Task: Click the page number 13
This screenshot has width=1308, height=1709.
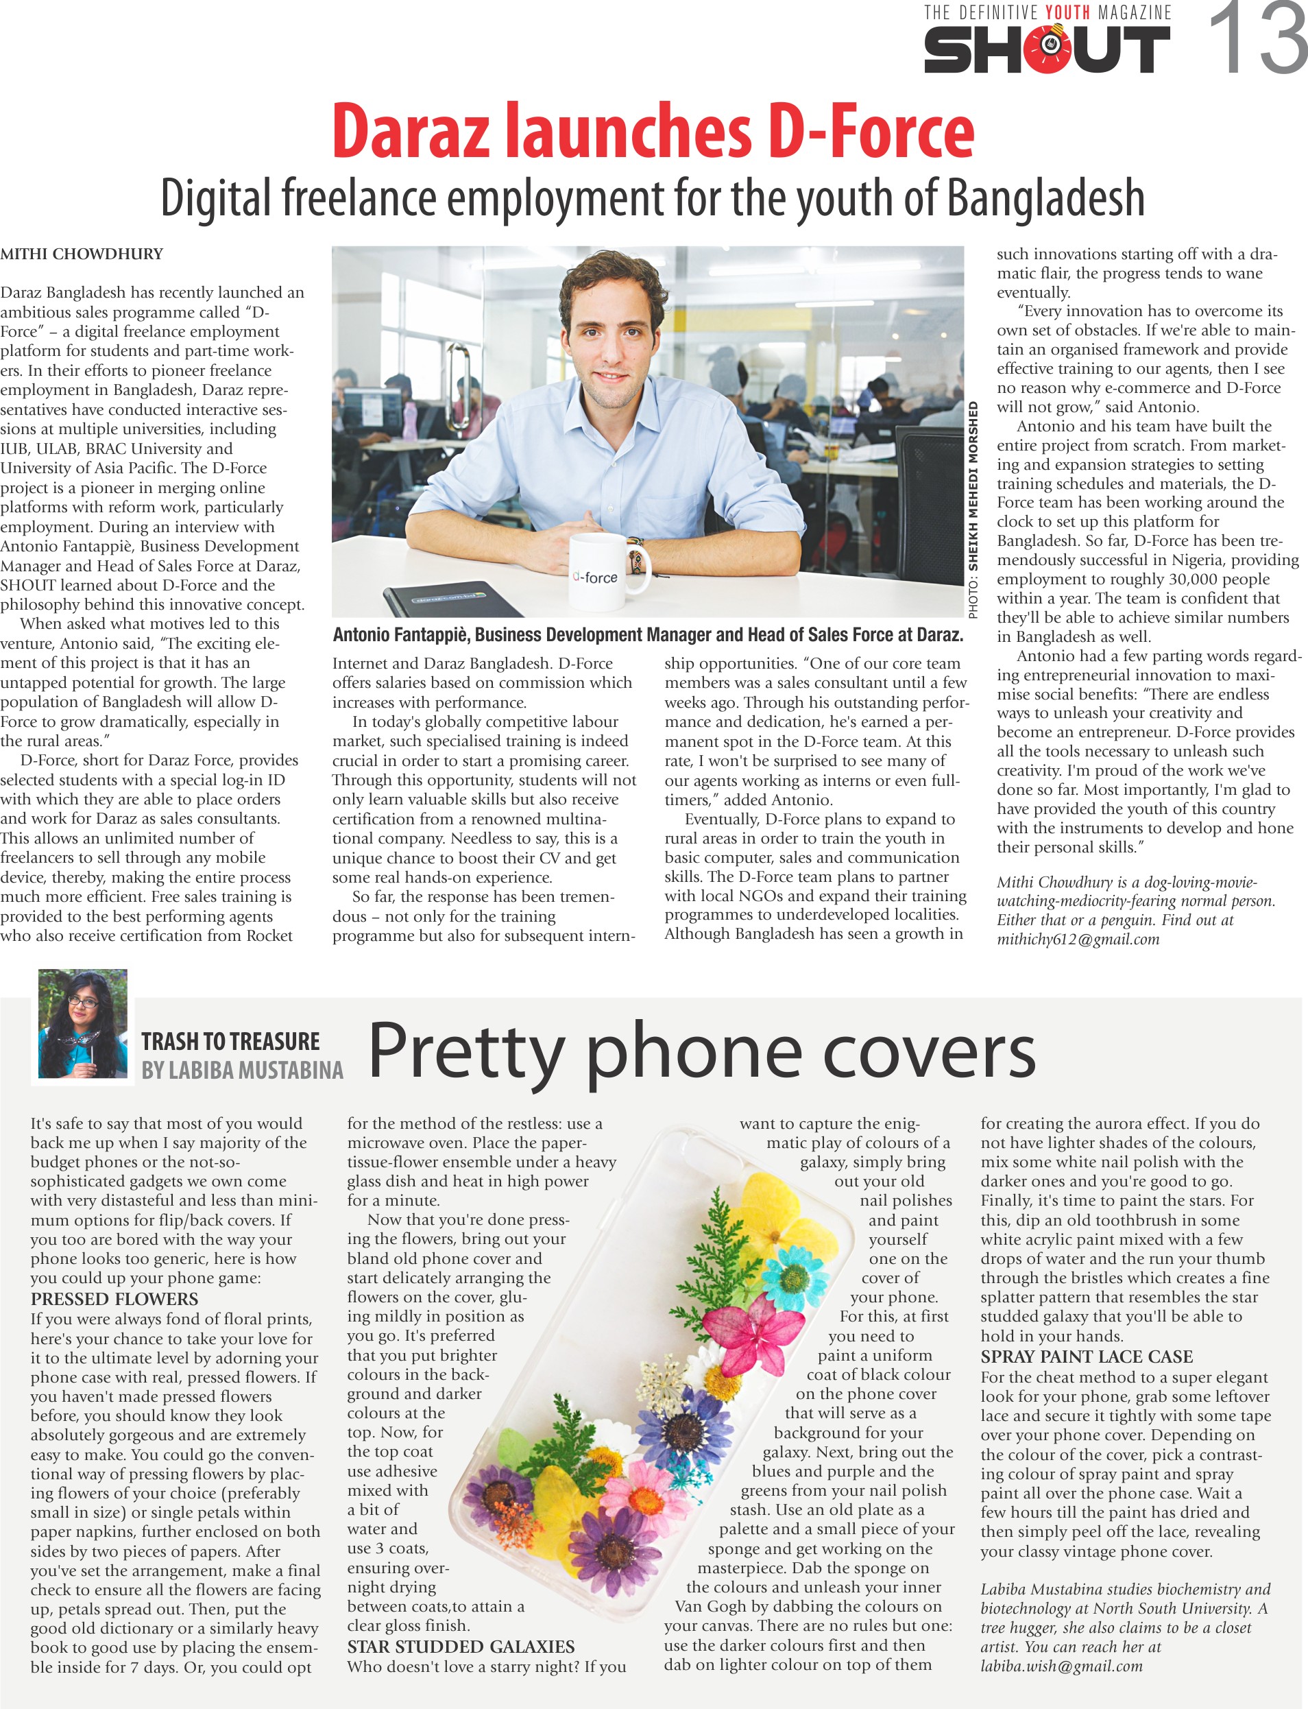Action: point(1256,39)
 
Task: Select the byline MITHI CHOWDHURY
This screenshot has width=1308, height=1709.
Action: point(82,254)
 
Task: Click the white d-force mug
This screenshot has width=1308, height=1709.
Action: point(601,573)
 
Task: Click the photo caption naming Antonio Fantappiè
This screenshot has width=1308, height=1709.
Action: point(648,635)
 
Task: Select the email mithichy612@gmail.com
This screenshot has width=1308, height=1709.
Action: point(1078,940)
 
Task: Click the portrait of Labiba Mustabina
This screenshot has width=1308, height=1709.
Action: point(82,1023)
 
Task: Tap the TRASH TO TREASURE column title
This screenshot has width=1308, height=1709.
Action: point(230,1042)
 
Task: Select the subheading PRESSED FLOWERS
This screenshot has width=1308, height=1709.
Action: point(114,1300)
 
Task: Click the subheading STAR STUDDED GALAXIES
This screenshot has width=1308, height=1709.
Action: point(461,1647)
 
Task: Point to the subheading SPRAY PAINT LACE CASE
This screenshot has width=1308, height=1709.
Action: point(1086,1357)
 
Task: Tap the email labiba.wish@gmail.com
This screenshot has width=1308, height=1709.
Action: point(1061,1666)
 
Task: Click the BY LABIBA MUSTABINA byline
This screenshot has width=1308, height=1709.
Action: point(242,1071)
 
